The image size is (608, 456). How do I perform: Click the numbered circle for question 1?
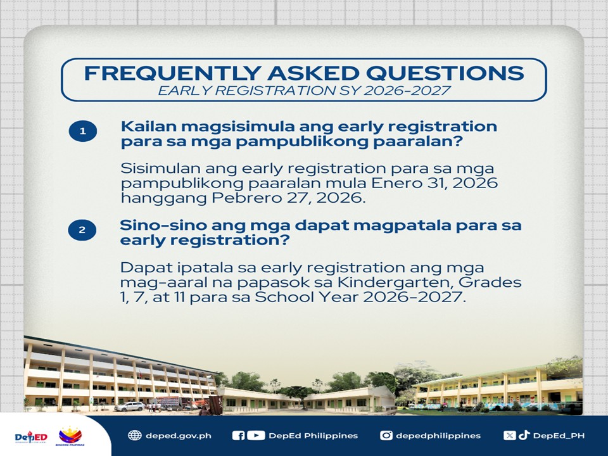pyautogui.click(x=82, y=131)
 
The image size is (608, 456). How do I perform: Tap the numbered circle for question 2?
pyautogui.click(x=82, y=229)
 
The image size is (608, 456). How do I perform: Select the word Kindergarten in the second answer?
pyautogui.click(x=395, y=282)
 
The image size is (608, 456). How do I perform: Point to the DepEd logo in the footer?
pyautogui.click(x=31, y=437)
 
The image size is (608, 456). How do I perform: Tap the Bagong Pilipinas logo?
pyautogui.click(x=70, y=436)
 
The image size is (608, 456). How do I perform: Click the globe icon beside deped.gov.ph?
pyautogui.click(x=134, y=436)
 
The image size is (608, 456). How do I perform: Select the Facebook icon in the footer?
pyautogui.click(x=238, y=436)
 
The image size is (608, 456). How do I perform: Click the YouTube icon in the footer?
pyautogui.click(x=256, y=436)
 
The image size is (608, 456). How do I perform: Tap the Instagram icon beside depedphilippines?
pyautogui.click(x=386, y=436)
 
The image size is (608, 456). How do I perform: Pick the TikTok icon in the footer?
pyautogui.click(x=524, y=434)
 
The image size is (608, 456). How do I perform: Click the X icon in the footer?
pyautogui.click(x=509, y=436)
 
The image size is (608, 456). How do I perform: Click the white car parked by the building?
pyautogui.click(x=129, y=407)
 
